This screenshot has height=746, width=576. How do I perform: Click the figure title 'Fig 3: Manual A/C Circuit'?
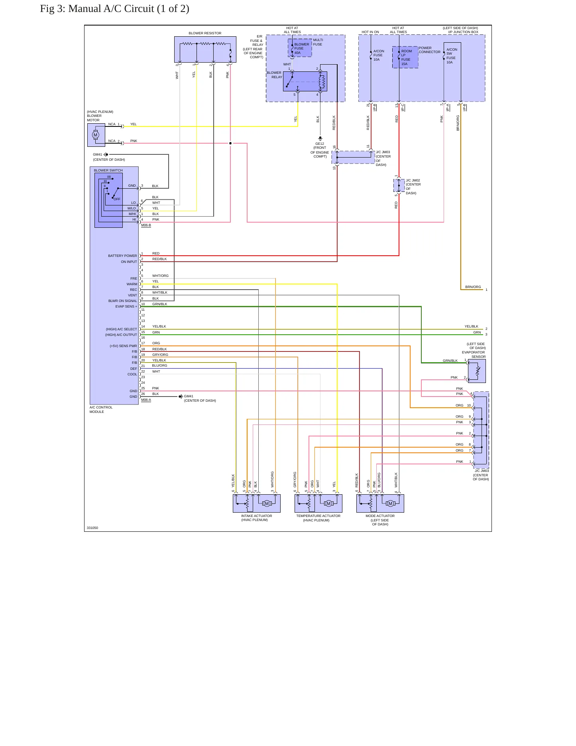pyautogui.click(x=97, y=9)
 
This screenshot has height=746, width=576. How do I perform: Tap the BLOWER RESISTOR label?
pyautogui.click(x=205, y=33)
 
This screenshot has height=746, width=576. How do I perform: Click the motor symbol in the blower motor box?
pyautogui.click(x=95, y=135)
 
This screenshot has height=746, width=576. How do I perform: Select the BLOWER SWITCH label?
pyautogui.click(x=108, y=170)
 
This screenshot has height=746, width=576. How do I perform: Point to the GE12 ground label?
pyautogui.click(x=320, y=144)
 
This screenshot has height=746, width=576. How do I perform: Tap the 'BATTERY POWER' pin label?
pyautogui.click(x=122, y=256)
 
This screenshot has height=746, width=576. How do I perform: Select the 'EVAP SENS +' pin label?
pyautogui.click(x=126, y=306)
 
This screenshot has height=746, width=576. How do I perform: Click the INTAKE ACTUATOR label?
pyautogui.click(x=256, y=516)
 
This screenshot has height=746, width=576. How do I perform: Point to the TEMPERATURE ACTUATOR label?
pyautogui.click(x=318, y=516)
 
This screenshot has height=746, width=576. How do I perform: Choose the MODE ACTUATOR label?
pyautogui.click(x=380, y=516)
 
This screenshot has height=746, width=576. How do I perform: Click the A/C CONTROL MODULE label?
pyautogui.click(x=101, y=409)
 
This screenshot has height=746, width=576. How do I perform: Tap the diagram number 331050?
pyautogui.click(x=92, y=528)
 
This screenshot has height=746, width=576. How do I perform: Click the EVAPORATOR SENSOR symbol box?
pyautogui.click(x=477, y=371)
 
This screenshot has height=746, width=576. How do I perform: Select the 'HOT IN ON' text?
pyautogui.click(x=370, y=32)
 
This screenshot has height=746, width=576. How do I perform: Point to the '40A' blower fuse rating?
pyautogui.click(x=297, y=53)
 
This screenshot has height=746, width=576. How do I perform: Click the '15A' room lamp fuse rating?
pyautogui.click(x=404, y=64)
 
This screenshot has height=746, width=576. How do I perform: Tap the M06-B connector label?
pyautogui.click(x=146, y=225)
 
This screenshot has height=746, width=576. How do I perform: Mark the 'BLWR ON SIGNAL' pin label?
pyautogui.click(x=122, y=301)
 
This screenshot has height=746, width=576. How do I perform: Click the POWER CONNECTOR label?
pyautogui.click(x=429, y=50)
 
